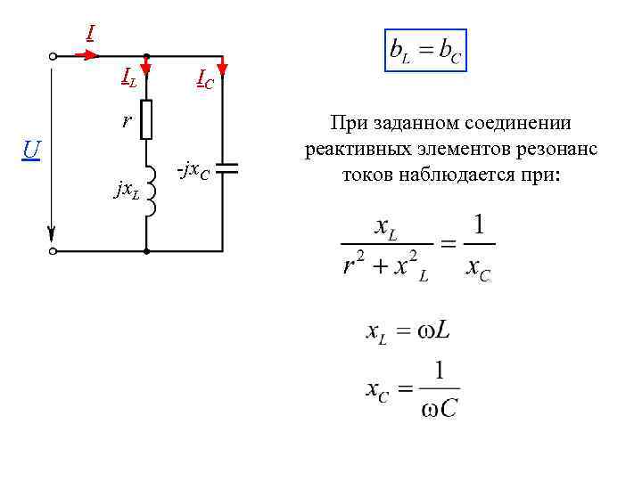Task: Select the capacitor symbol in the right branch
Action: [224, 167]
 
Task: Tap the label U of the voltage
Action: [31, 149]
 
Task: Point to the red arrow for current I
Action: [86, 55]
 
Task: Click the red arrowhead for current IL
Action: [146, 67]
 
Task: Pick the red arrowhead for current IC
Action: [223, 67]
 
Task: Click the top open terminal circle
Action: [54, 55]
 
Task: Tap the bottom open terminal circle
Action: [54, 252]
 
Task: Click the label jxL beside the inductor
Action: [126, 190]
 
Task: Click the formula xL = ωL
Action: [409, 333]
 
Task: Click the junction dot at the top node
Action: [146, 55]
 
